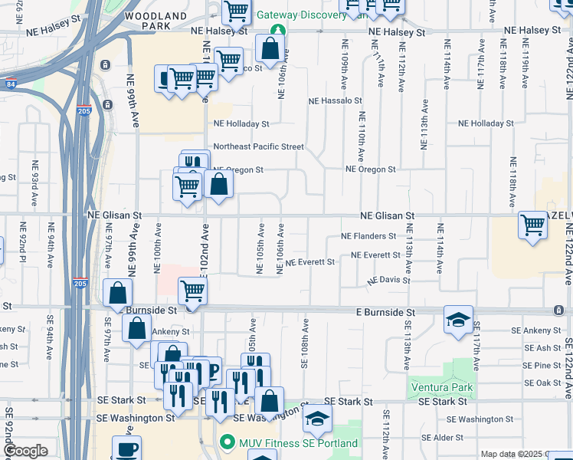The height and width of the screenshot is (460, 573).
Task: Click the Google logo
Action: pos(26,451)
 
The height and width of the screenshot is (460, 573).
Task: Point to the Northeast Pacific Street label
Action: pos(258,146)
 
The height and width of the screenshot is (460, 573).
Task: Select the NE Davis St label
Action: pos(388,281)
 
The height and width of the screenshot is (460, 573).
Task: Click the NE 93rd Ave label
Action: pos(35,184)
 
